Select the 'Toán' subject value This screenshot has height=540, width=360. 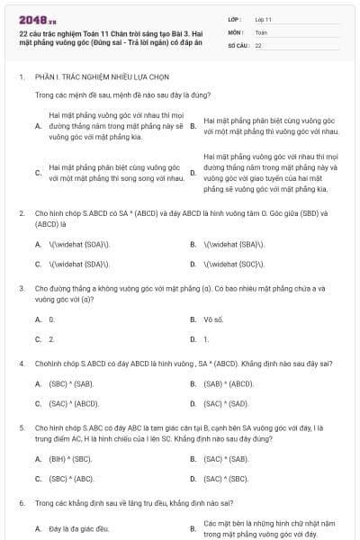261,31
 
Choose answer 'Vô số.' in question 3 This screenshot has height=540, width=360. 213,319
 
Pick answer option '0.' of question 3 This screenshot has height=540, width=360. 52,319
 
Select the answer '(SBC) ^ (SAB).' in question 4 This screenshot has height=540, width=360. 72,383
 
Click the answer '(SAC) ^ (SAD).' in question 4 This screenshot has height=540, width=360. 226,403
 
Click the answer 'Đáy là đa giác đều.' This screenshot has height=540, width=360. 79,527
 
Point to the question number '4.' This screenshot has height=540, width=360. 22,363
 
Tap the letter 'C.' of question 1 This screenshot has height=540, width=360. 39,173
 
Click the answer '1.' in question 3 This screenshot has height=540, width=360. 207,338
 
